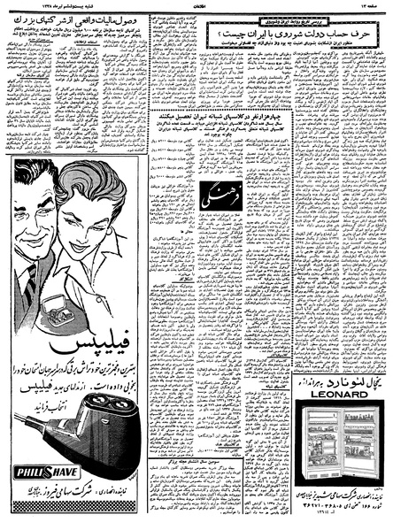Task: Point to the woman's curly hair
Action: point(84,181)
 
